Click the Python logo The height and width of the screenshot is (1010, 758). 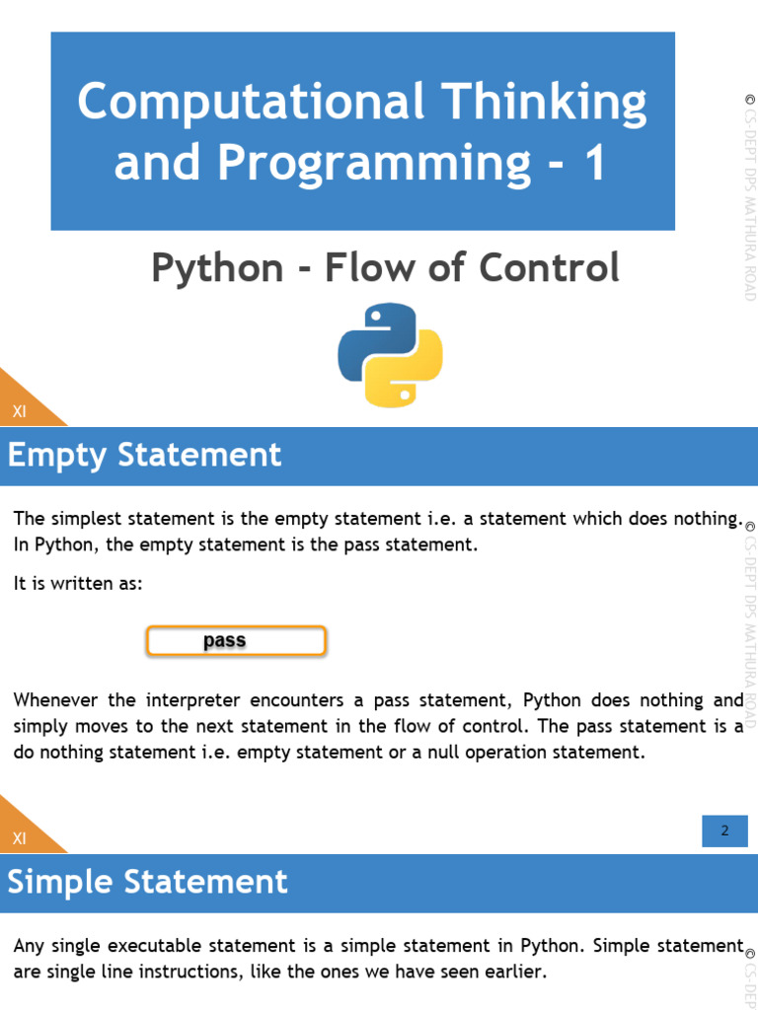click(x=390, y=356)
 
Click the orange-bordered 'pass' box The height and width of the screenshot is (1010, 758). click(x=236, y=641)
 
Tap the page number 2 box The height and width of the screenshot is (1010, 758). click(x=724, y=830)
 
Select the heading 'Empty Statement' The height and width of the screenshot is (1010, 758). click(x=145, y=456)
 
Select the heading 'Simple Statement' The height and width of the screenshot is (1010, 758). click(x=148, y=882)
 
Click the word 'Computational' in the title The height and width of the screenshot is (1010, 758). click(x=251, y=102)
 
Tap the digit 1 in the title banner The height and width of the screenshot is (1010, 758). click(x=595, y=164)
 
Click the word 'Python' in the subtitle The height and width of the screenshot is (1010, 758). click(x=217, y=268)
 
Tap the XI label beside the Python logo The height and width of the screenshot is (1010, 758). click(x=19, y=412)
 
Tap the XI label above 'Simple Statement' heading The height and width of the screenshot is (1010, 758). click(x=19, y=839)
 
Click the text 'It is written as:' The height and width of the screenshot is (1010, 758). click(x=78, y=584)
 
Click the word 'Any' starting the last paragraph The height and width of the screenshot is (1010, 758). click(x=29, y=946)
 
